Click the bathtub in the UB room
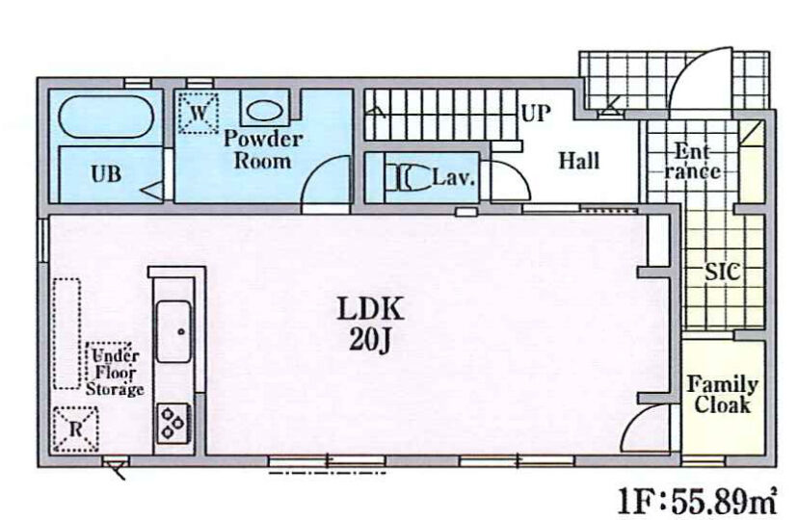tap(106, 117)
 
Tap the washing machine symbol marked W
tap(199, 113)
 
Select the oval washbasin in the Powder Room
tap(264, 111)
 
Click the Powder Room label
tap(262, 149)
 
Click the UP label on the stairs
tap(536, 114)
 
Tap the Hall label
tap(579, 161)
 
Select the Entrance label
tap(693, 161)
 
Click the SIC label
tap(722, 273)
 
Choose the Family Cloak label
tap(722, 395)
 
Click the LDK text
tap(370, 308)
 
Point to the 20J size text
tap(370, 340)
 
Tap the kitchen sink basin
tap(173, 331)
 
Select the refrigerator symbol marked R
tap(76, 429)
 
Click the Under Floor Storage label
tap(115, 372)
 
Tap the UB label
tap(106, 174)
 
